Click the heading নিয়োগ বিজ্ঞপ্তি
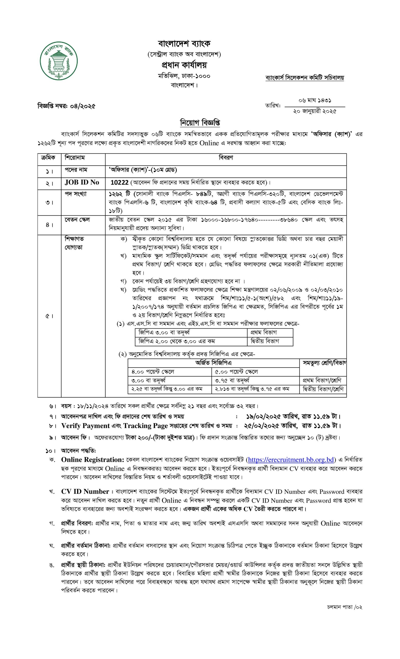tap(200, 123)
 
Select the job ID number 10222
tap(120, 183)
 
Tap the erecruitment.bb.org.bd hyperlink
tap(291, 460)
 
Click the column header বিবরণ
tap(226, 158)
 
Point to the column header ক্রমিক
tap(48, 158)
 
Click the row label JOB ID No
tap(82, 183)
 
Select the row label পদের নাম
tap(76, 170)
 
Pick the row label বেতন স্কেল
tap(77, 220)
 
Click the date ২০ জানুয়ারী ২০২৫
tap(315, 111)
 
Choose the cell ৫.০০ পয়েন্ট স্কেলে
tap(236, 372)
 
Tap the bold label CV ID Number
tap(85, 492)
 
